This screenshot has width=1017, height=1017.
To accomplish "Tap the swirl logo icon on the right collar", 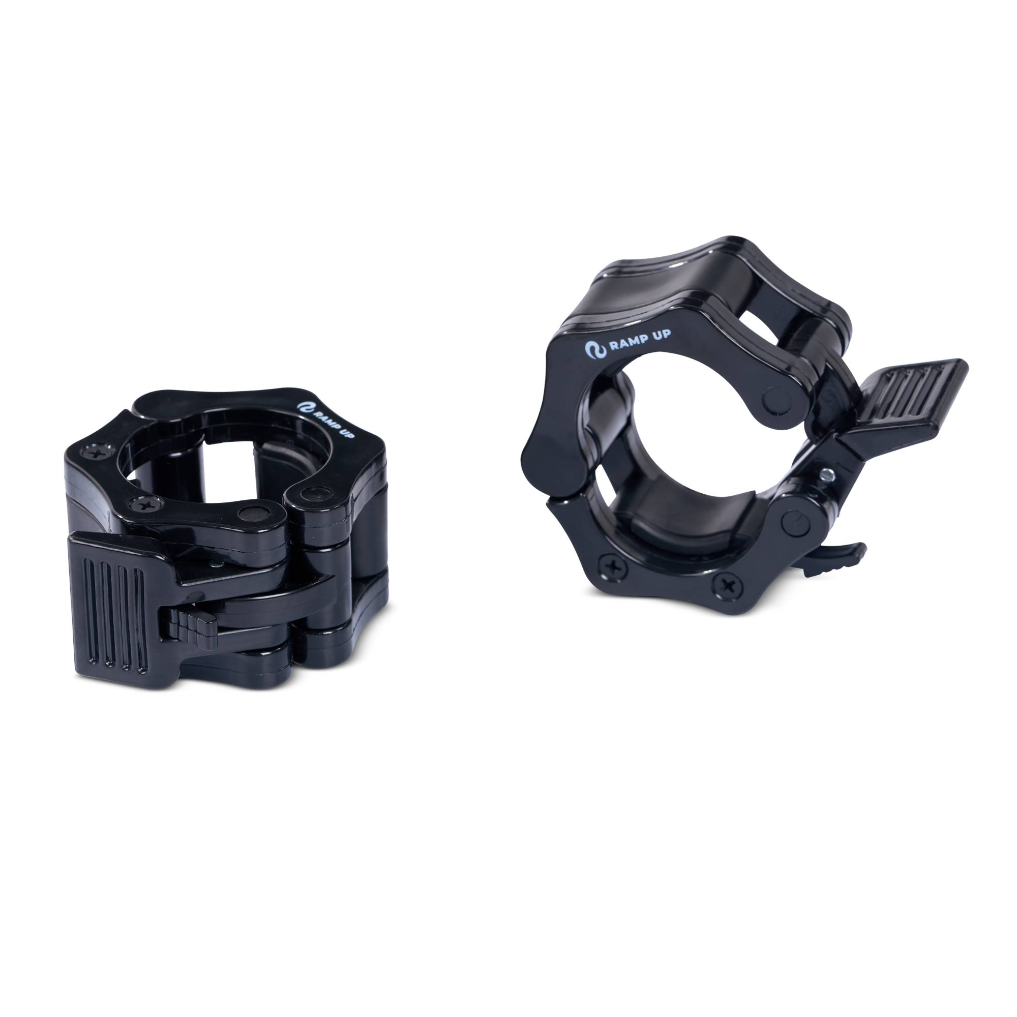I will pyautogui.click(x=593, y=350).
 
